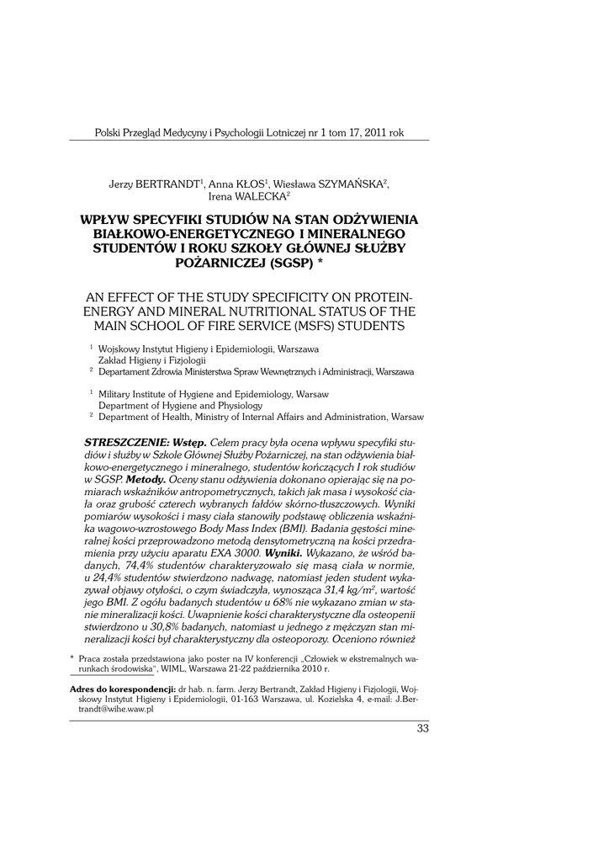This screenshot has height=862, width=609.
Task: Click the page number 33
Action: (422, 728)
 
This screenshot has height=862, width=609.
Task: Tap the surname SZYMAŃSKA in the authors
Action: (350, 183)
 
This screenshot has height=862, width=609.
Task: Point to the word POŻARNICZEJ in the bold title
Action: (217, 263)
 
